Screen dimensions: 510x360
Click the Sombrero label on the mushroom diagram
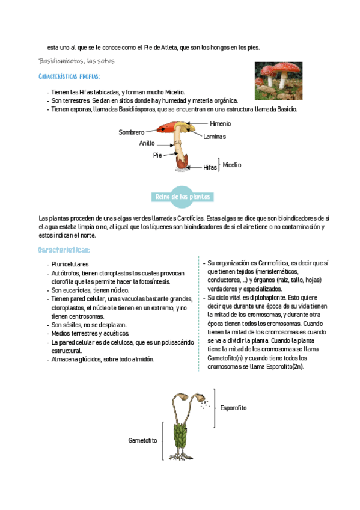pyautogui.click(x=131, y=132)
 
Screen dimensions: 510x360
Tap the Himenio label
pyautogui.click(x=220, y=123)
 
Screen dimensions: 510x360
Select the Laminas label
pyautogui.click(x=215, y=137)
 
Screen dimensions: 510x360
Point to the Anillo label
pyautogui.click(x=147, y=143)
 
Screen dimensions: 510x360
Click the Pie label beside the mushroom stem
pyautogui.click(x=157, y=155)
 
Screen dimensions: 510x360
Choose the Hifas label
pyautogui.click(x=210, y=167)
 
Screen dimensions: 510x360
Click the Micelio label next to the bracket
pyautogui.click(x=231, y=164)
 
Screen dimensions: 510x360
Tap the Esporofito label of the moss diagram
pyautogui.click(x=233, y=408)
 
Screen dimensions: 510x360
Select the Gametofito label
pyautogui.click(x=142, y=440)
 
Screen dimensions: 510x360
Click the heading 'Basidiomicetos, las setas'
pyautogui.click(x=77, y=61)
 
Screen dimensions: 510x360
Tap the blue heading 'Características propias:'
pyautogui.click(x=69, y=77)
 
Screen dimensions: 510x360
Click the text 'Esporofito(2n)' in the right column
pyautogui.click(x=284, y=366)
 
